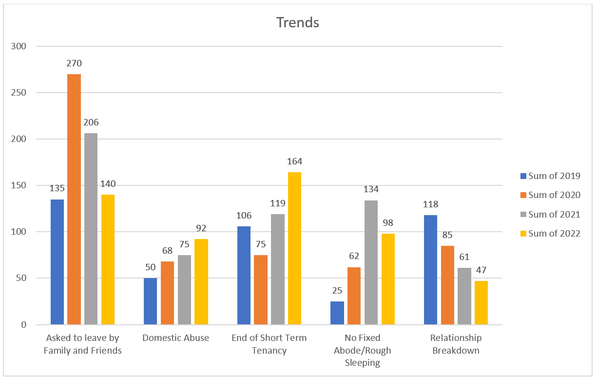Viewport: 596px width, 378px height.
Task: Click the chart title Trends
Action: tap(298, 22)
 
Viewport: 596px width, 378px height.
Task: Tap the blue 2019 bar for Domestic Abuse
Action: tap(151, 301)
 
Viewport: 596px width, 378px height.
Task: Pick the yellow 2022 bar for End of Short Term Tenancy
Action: tap(294, 248)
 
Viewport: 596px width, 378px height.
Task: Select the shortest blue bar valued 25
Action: tap(337, 313)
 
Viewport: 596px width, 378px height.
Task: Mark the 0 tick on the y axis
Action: tap(24, 325)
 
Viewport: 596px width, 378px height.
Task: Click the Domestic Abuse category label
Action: tap(175, 338)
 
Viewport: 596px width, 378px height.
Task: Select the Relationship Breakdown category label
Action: tap(456, 344)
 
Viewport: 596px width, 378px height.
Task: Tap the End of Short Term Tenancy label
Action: tap(269, 344)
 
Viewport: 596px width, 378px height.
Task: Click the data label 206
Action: tap(91, 123)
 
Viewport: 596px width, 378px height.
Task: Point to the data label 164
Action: tap(294, 162)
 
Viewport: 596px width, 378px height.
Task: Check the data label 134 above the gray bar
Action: tap(371, 190)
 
